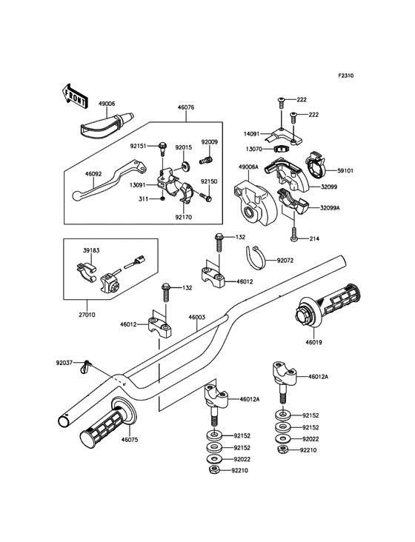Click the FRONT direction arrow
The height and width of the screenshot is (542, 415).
coord(74,96)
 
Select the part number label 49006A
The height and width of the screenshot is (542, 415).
coord(248,167)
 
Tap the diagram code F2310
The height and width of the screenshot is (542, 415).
coord(346,76)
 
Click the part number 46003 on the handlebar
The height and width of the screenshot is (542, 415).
coord(197,317)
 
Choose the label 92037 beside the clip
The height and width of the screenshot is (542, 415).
coord(64,363)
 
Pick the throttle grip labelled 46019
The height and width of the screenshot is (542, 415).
coord(328,306)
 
